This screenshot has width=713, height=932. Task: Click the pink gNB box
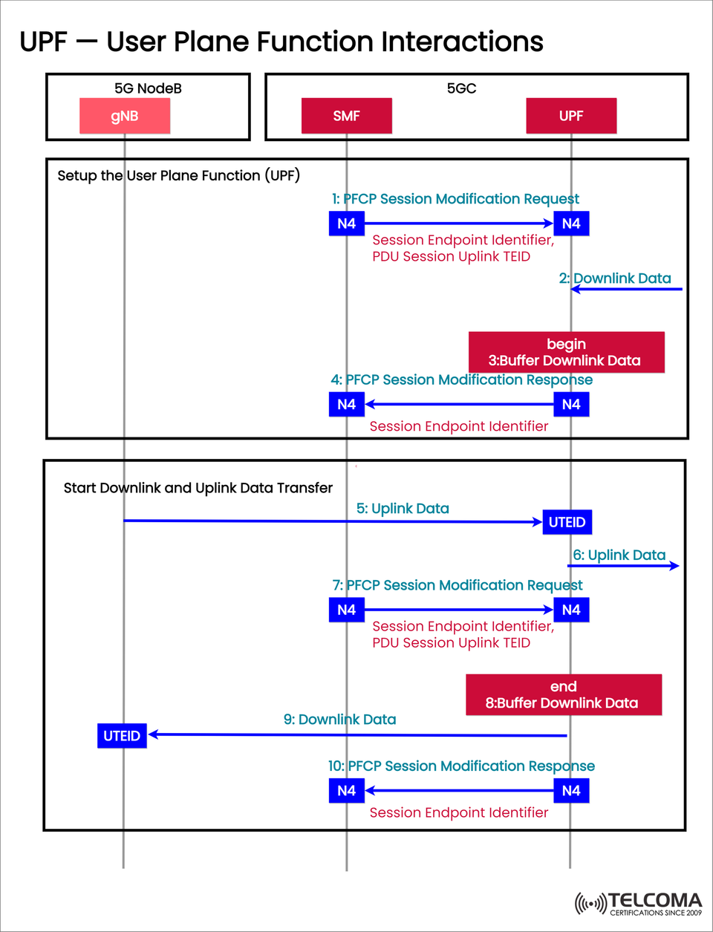click(125, 116)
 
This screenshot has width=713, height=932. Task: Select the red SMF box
click(346, 116)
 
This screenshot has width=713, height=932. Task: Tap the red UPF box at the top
click(571, 116)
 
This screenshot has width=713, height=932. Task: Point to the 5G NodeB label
click(148, 88)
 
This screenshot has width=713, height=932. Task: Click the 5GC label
click(461, 88)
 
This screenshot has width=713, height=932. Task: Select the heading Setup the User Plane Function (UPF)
click(178, 175)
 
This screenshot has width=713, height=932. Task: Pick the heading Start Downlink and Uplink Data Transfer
click(198, 488)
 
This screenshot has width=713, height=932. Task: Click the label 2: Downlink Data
click(615, 278)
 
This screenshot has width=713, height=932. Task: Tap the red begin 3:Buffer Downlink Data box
click(566, 352)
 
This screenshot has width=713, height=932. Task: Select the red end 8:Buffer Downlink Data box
click(563, 695)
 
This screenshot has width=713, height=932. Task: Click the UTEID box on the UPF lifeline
click(567, 522)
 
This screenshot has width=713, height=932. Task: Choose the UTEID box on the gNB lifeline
click(122, 736)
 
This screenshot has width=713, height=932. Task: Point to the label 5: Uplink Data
click(403, 509)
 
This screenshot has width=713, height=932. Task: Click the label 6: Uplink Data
click(619, 555)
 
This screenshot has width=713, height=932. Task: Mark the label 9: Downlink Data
click(339, 720)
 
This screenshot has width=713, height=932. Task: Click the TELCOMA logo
click(639, 903)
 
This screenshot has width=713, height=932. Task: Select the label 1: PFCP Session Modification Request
click(455, 199)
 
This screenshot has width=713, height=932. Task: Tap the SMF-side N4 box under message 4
click(346, 405)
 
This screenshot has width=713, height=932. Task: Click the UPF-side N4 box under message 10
click(571, 791)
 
